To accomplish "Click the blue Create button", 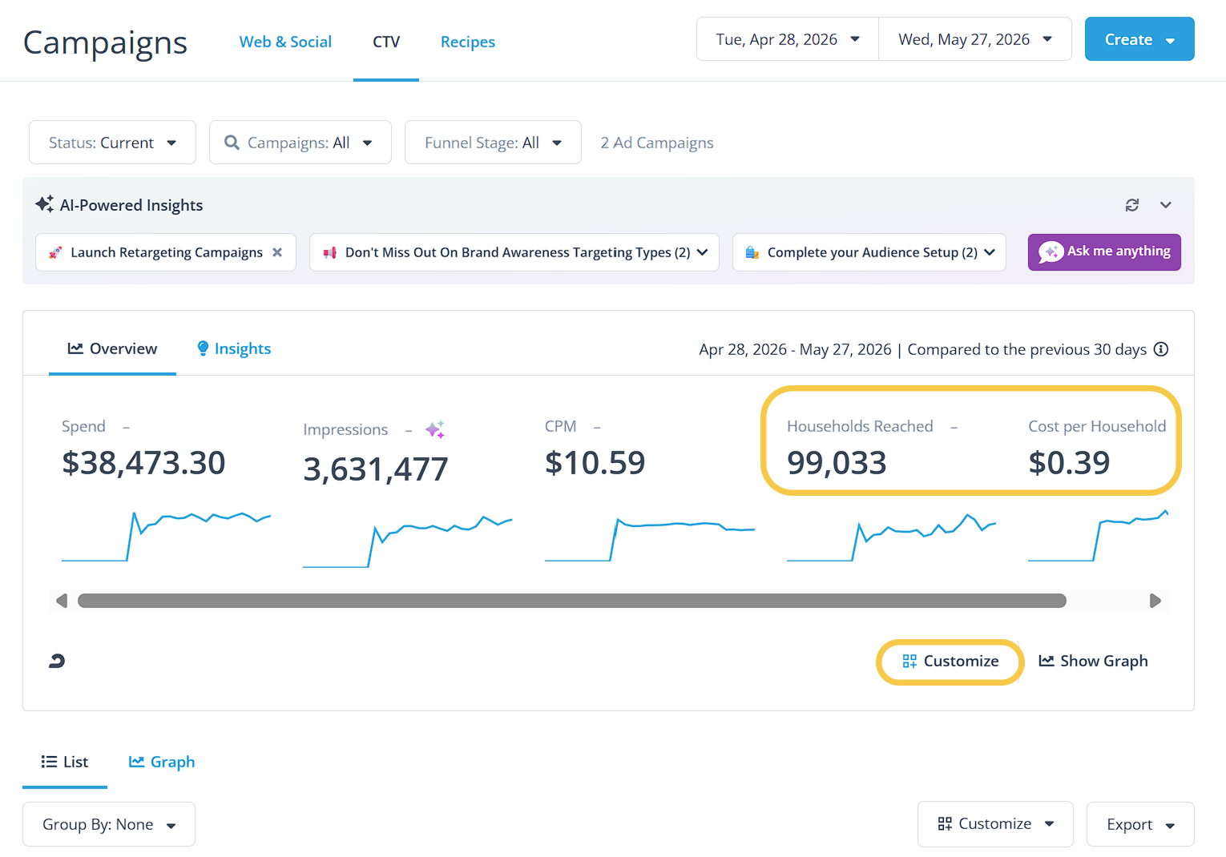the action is pos(1139,38).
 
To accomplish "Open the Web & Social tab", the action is pos(285,42).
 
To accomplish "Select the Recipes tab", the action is pos(467,42).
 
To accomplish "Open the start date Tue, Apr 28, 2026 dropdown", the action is pos(787,38).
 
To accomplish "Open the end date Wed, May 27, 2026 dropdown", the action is pos(974,38).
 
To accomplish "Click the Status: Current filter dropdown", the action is pos(112,143).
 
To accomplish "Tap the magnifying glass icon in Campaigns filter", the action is pos(232,143).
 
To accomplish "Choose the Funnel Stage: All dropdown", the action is pos(493,143).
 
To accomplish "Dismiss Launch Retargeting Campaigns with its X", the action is pos(277,252).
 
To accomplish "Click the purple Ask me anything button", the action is pos(1104,251).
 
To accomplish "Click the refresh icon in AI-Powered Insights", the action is pos(1132,205).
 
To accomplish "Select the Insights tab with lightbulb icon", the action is pos(234,348).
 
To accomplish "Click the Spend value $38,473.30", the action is pos(143,463).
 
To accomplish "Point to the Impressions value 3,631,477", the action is pos(376,469).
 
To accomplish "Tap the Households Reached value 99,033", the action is pos(837,463).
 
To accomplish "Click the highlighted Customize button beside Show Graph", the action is pos(950,662).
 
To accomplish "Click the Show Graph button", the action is pos(1093,662).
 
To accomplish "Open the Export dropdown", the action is pos(1140,824).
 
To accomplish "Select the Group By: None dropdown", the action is pos(108,824).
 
